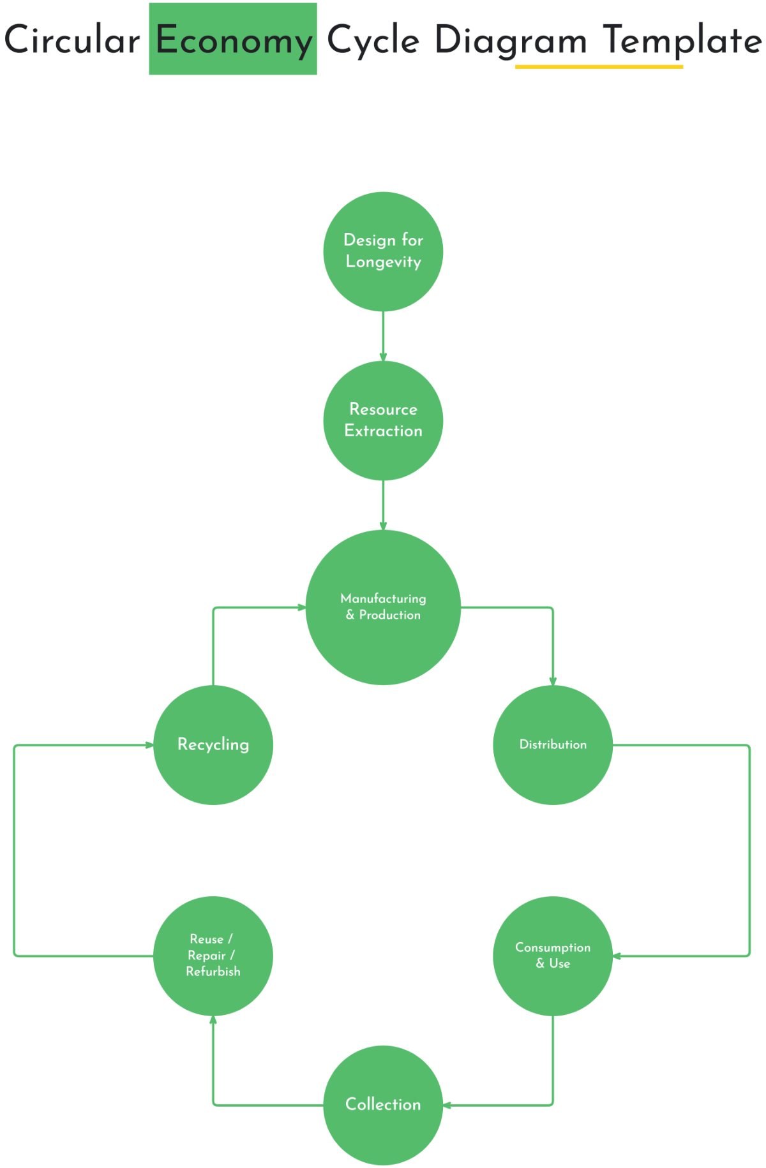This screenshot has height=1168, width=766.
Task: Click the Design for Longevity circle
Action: (383, 251)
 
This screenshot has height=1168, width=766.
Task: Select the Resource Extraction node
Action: (383, 420)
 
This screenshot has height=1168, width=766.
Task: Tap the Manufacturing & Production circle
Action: (383, 607)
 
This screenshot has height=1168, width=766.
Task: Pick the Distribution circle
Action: (553, 744)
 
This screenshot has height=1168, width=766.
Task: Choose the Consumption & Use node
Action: (553, 956)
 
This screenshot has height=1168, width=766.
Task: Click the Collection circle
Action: (383, 1105)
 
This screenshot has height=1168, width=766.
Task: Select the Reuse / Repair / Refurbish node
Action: (213, 956)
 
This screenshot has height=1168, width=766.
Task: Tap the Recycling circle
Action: (213, 744)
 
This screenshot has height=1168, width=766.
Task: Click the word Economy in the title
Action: (234, 40)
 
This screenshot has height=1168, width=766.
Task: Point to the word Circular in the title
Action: (72, 40)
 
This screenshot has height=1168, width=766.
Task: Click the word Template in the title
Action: (682, 40)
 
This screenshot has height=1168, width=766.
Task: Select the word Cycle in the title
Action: (373, 40)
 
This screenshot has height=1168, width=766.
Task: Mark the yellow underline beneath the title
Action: (599, 66)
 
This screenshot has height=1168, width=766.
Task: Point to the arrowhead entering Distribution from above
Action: (553, 681)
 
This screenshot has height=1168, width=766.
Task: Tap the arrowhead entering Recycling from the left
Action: (149, 744)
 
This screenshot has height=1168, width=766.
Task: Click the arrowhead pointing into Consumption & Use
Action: (617, 956)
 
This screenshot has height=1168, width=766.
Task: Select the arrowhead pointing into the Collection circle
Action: (447, 1105)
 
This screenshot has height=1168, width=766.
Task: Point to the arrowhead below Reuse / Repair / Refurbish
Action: (213, 1020)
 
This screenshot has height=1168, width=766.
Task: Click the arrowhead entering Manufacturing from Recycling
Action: (302, 607)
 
